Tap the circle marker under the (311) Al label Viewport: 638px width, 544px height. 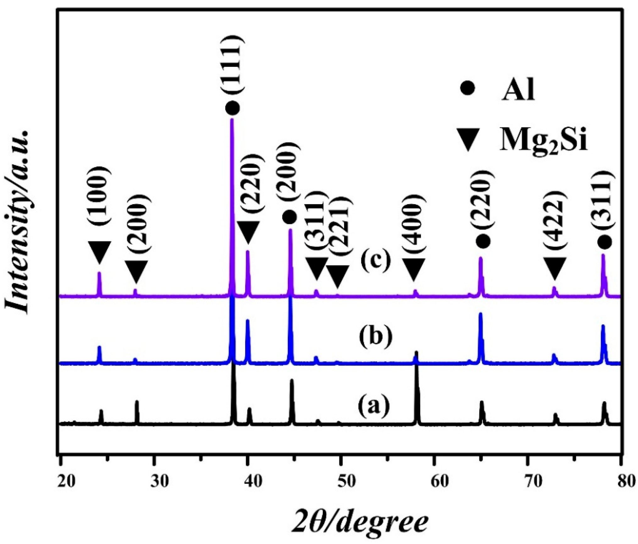point(605,242)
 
